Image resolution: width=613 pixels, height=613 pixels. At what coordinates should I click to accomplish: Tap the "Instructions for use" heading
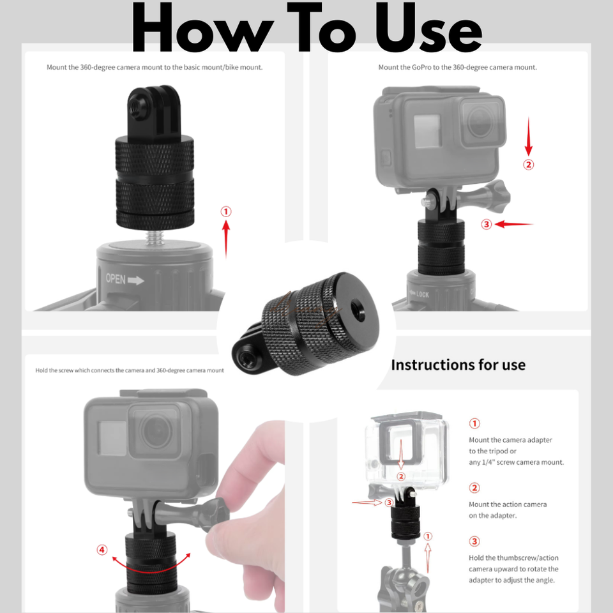click(458, 365)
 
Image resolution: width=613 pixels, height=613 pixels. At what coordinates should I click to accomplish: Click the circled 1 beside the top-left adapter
click(226, 211)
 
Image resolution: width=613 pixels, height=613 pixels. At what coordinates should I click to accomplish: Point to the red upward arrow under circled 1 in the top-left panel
click(226, 239)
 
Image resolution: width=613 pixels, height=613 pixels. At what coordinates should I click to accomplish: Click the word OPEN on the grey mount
click(116, 279)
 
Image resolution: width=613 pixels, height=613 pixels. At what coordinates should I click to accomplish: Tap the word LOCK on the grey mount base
click(423, 294)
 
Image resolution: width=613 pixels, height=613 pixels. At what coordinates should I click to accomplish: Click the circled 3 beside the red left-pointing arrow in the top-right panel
click(487, 224)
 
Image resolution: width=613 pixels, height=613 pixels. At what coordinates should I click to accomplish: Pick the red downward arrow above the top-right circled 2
click(529, 137)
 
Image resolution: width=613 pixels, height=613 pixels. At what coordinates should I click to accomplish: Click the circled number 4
click(102, 550)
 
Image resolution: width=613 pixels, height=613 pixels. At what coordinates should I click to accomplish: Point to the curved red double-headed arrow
click(151, 571)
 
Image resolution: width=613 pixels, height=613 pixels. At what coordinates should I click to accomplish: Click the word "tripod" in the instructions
click(498, 451)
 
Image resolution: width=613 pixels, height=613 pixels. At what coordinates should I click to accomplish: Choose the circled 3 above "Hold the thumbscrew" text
click(474, 541)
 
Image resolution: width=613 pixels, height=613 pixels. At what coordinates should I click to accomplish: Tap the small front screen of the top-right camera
click(427, 131)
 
